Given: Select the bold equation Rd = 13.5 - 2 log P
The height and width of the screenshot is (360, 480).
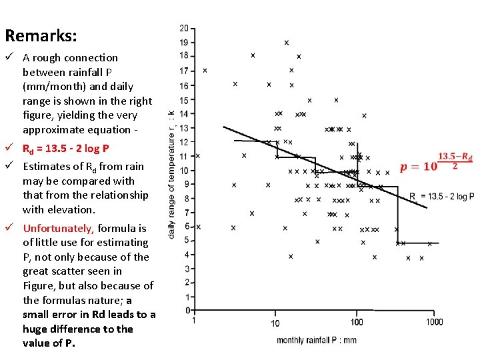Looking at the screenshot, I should [65, 149].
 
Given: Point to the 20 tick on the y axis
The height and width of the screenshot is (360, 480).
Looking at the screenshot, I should [184, 28].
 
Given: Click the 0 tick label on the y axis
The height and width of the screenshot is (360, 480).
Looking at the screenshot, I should [187, 310].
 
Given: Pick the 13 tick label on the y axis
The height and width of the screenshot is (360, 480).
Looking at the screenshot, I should [184, 127].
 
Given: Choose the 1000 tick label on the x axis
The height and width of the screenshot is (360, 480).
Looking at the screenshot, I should [433, 323].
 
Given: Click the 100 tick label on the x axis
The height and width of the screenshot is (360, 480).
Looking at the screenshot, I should [357, 323].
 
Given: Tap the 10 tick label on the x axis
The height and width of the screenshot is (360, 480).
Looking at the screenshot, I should [275, 323].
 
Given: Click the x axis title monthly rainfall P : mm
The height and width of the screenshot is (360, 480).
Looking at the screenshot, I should [317, 340].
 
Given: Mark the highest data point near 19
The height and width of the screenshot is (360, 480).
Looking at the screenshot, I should [287, 43].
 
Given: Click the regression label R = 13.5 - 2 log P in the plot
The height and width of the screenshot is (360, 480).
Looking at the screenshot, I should [441, 197].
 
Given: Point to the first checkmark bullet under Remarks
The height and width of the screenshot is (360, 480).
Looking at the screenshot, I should [9, 58].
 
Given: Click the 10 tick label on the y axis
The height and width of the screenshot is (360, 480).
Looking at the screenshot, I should [184, 169].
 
